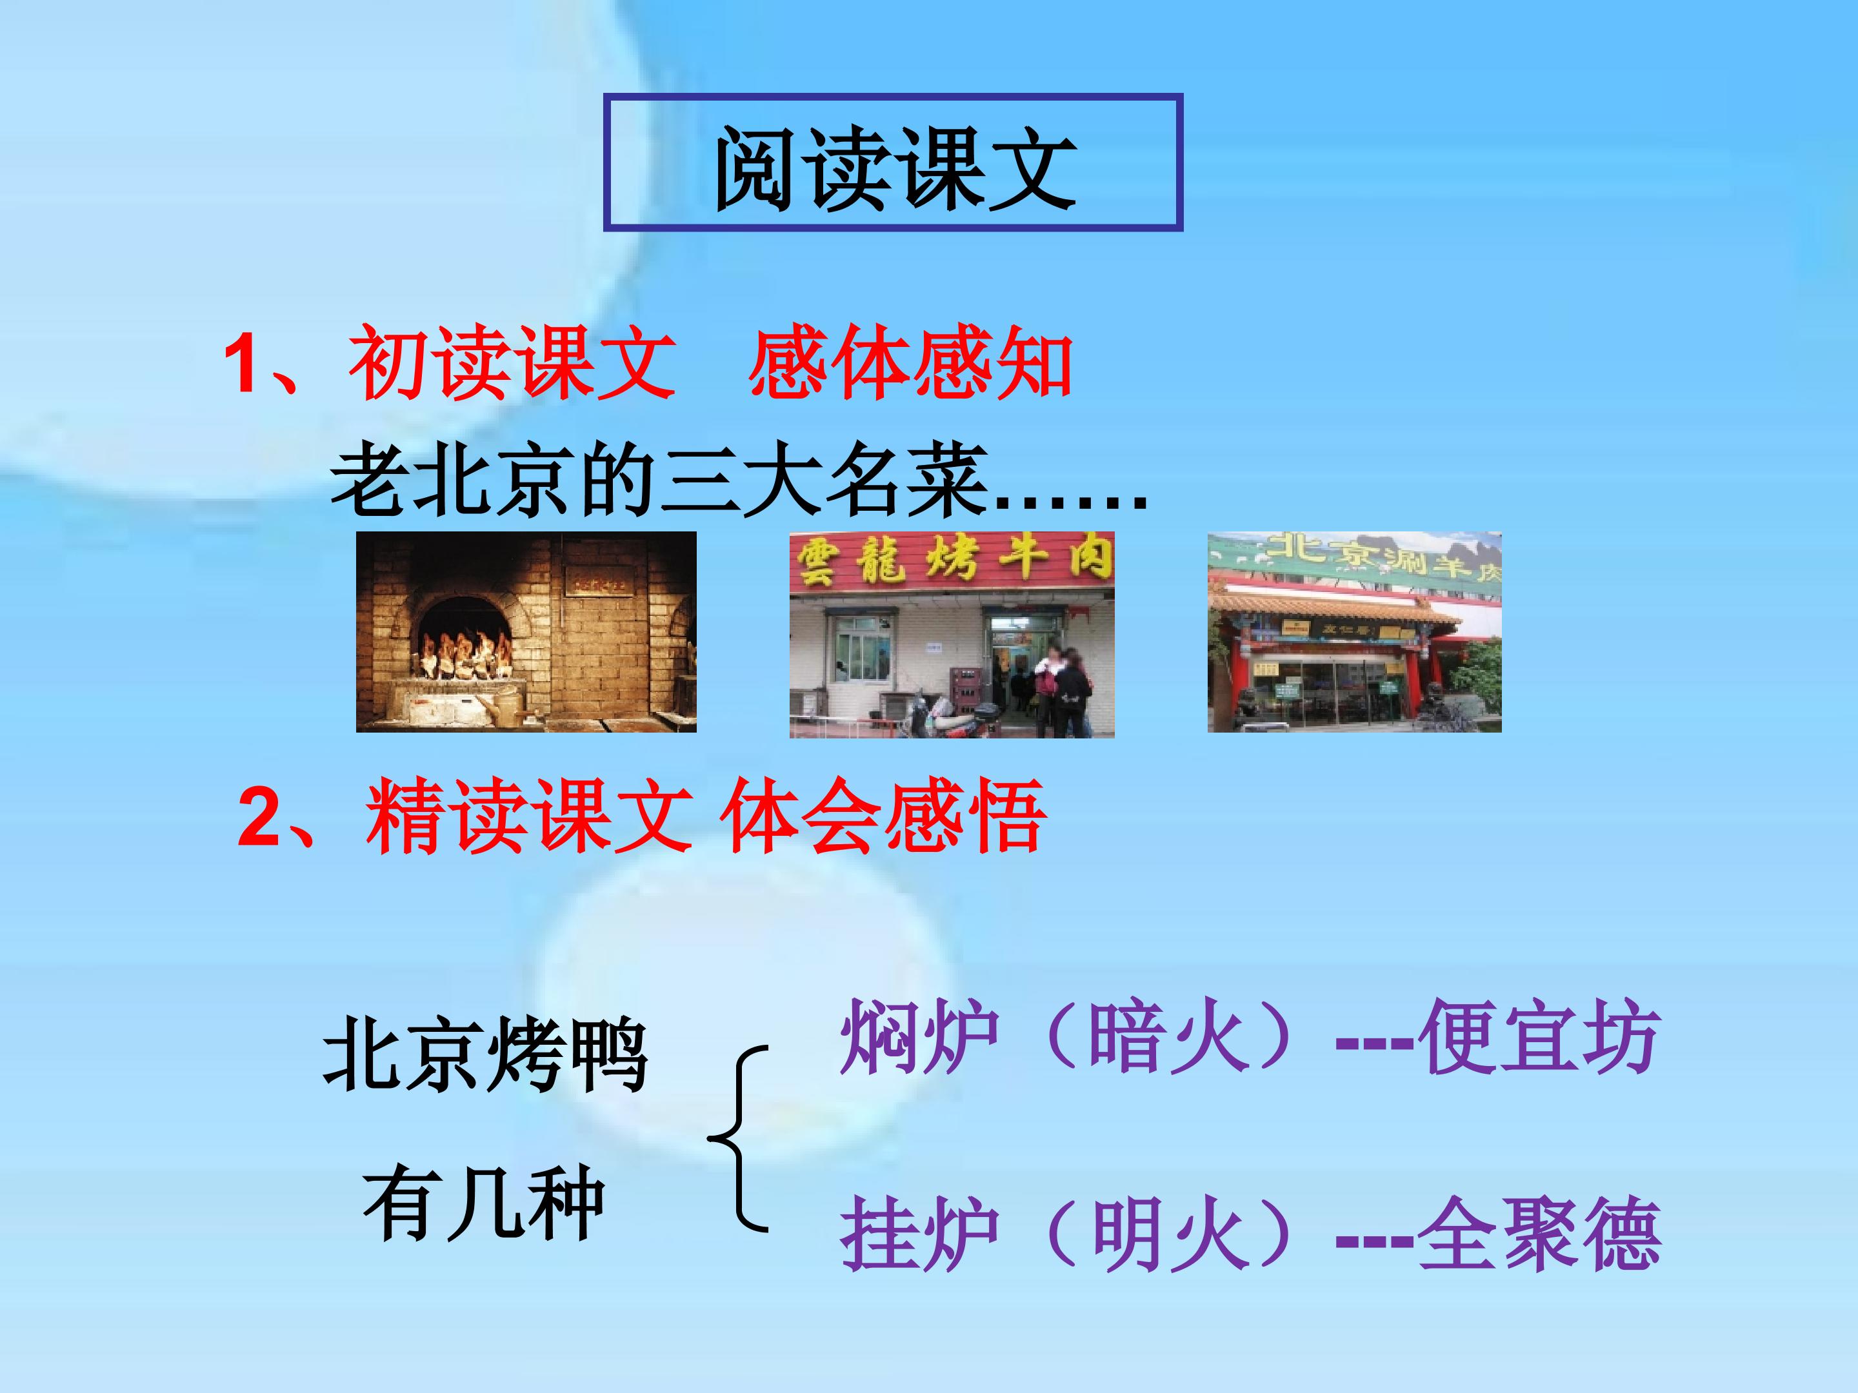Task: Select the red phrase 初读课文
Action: [x=512, y=364]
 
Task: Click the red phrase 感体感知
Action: [x=910, y=364]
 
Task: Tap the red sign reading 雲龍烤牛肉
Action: [x=952, y=558]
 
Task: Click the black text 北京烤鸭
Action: [x=486, y=1054]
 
